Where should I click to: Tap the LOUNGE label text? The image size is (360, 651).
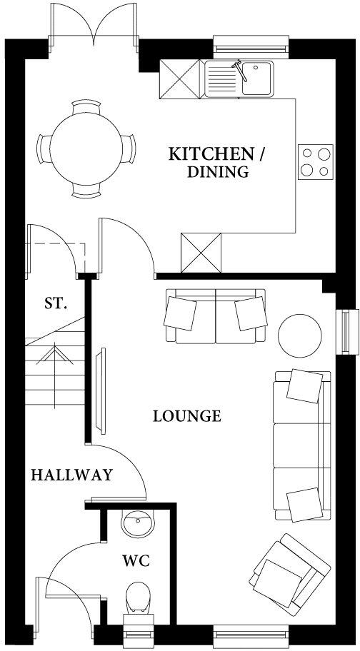click(187, 416)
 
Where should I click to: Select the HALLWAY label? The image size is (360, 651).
click(71, 475)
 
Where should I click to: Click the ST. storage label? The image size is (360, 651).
click(56, 303)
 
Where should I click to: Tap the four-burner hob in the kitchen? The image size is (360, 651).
click(315, 161)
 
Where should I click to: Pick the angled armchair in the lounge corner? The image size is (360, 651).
click(291, 571)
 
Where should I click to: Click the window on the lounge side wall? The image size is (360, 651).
click(348, 331)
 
